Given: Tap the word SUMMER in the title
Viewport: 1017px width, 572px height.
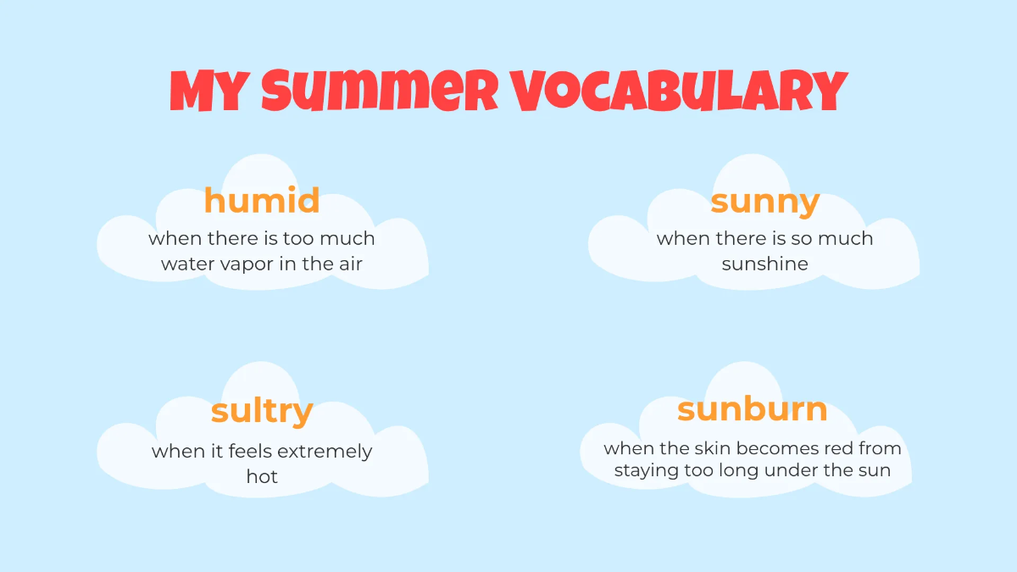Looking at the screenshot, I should click(x=380, y=91).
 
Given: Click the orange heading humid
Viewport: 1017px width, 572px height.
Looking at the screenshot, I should click(x=262, y=201).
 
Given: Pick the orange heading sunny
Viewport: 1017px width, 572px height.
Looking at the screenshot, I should click(x=764, y=203).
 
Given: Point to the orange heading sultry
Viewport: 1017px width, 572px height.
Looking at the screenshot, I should click(x=262, y=411).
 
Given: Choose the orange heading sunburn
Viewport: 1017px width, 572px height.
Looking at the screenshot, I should click(x=753, y=409).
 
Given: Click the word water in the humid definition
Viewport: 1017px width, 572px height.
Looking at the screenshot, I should click(x=188, y=264).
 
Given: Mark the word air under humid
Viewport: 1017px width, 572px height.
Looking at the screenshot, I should click(x=347, y=264).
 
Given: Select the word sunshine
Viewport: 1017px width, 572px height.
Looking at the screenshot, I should click(x=764, y=264).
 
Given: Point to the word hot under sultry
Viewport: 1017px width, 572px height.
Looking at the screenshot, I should click(x=262, y=476).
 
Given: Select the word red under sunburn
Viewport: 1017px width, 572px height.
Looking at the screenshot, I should click(x=836, y=448).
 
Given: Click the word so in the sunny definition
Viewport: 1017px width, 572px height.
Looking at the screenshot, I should click(x=801, y=239).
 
